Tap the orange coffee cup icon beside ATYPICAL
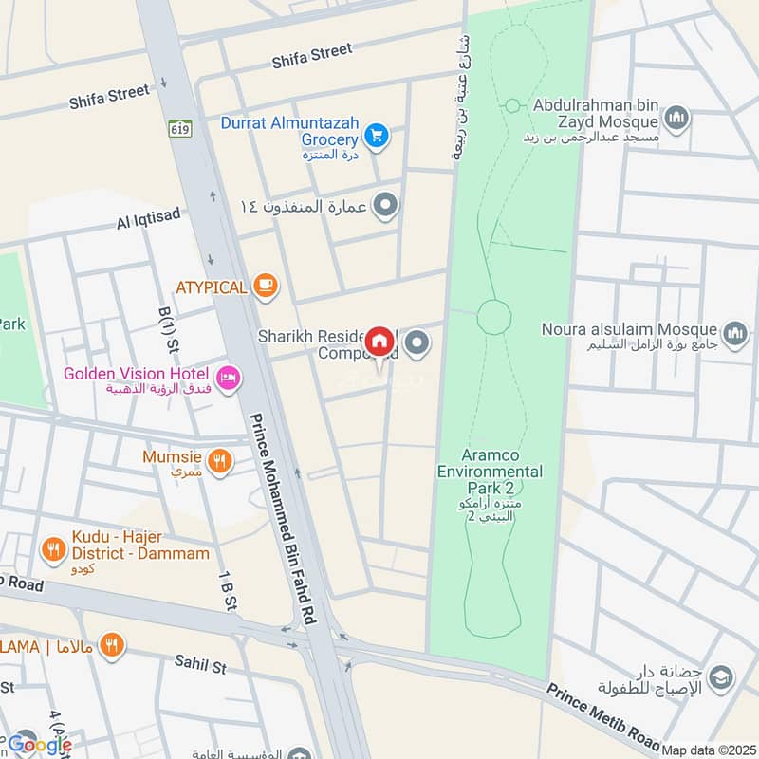click(x=266, y=286)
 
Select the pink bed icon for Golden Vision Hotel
click(x=229, y=379)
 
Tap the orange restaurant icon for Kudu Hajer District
click(x=53, y=548)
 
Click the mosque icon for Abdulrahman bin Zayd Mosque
click(x=676, y=119)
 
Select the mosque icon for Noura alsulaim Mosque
click(x=734, y=333)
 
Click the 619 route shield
click(x=177, y=126)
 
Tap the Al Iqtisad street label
click(x=148, y=221)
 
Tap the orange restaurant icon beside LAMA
click(x=112, y=645)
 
